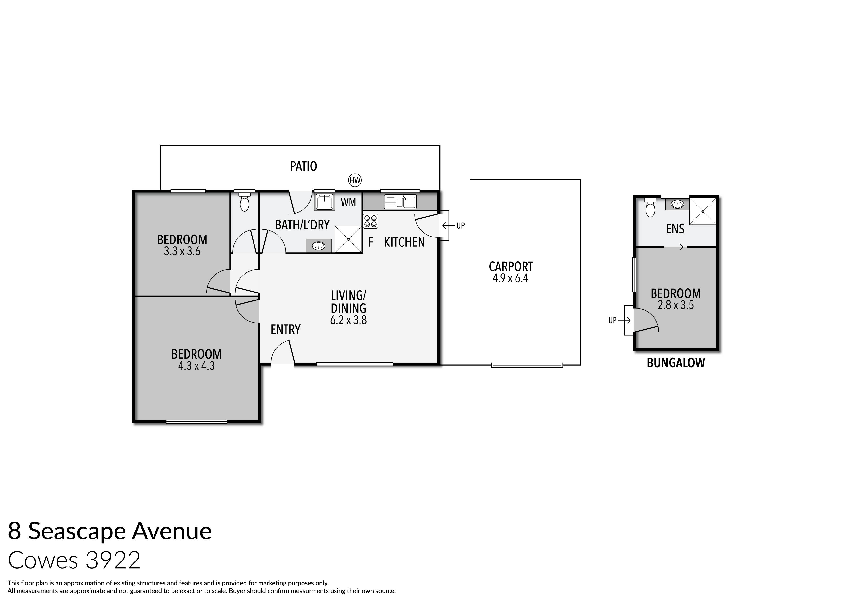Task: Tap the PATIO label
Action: (x=303, y=166)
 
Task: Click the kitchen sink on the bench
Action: (x=400, y=202)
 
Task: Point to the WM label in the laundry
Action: (x=348, y=202)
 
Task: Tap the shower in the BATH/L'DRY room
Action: (x=348, y=239)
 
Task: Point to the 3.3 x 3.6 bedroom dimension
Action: (x=182, y=252)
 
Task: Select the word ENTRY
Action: (x=285, y=329)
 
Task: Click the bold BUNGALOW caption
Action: (x=675, y=363)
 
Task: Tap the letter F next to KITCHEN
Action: (x=370, y=243)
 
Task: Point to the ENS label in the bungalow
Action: (x=675, y=229)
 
